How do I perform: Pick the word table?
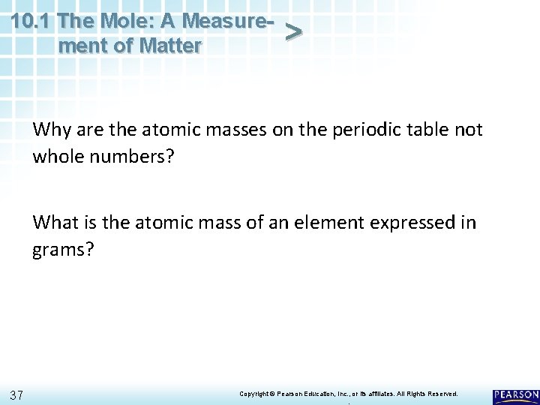430,130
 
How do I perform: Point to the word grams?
63,249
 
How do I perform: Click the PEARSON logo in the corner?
516,394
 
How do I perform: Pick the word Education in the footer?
319,393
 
